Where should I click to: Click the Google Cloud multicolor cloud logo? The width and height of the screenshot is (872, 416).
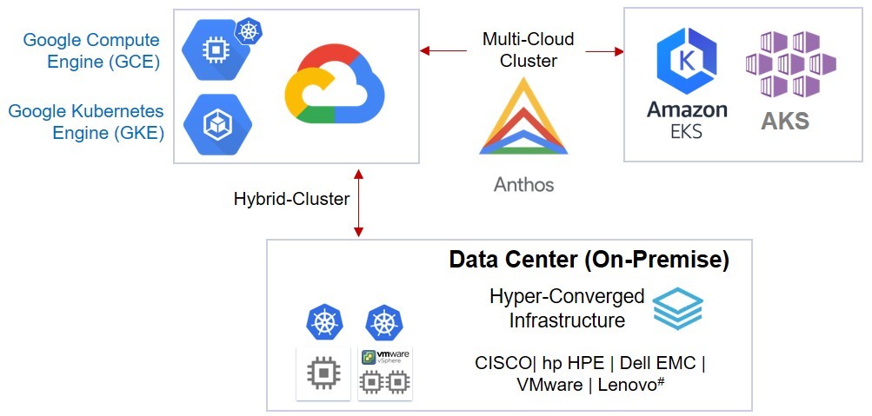pyautogui.click(x=334, y=84)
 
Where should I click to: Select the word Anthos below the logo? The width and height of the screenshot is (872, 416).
pyautogui.click(x=523, y=184)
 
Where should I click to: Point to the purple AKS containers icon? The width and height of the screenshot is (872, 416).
pyautogui.click(x=790, y=65)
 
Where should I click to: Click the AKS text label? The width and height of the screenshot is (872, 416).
pyautogui.click(x=784, y=120)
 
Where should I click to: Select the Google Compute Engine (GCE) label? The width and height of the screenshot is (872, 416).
pyautogui.click(x=91, y=50)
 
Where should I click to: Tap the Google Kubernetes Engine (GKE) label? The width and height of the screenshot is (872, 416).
pyautogui.click(x=86, y=122)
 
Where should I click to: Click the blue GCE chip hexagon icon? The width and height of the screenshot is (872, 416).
pyautogui.click(x=214, y=50)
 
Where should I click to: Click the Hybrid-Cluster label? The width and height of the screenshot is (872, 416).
pyautogui.click(x=291, y=199)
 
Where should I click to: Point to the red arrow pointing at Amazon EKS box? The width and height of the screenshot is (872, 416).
pyautogui.click(x=605, y=51)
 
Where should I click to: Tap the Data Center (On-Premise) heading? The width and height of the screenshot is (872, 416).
pyautogui.click(x=589, y=260)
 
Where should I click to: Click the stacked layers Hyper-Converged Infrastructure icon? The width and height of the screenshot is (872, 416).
pyautogui.click(x=677, y=308)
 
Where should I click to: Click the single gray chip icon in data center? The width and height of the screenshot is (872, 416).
pyautogui.click(x=323, y=374)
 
